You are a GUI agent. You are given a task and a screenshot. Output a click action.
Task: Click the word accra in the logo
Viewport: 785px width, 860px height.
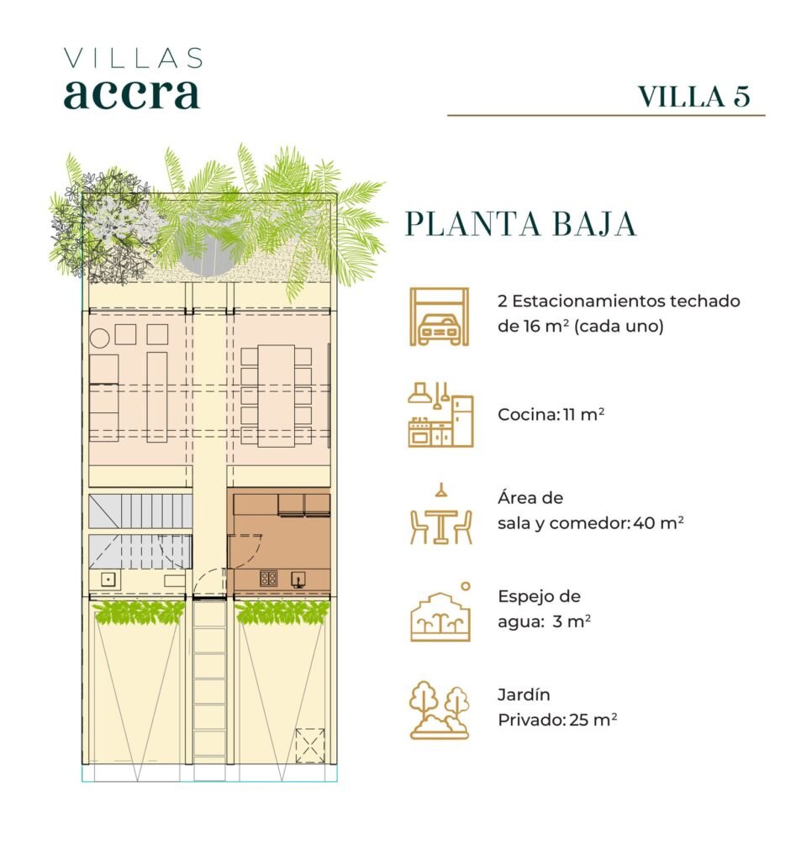(x=131, y=94)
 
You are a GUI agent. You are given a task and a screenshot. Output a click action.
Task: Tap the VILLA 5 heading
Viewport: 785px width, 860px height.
(x=694, y=97)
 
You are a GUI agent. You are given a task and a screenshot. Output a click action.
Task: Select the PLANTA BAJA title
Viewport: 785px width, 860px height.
(x=520, y=223)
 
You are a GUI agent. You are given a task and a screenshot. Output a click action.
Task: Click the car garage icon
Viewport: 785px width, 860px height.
(x=440, y=317)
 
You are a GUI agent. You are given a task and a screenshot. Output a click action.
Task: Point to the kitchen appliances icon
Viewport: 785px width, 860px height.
(x=440, y=415)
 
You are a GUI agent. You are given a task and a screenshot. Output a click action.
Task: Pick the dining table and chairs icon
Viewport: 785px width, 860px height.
(x=440, y=514)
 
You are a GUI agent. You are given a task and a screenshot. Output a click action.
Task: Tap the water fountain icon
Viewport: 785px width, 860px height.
(x=440, y=612)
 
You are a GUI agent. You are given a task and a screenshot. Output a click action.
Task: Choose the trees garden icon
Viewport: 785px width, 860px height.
(x=440, y=710)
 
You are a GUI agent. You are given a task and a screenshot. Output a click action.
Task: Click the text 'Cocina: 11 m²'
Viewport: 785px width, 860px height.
(x=551, y=414)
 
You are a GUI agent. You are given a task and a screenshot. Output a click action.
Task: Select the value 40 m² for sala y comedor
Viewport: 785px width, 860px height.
(x=658, y=522)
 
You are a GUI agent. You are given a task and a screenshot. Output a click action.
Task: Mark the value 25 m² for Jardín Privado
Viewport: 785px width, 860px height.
(x=593, y=719)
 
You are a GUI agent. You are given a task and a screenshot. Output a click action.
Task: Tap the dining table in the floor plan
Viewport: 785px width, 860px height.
(x=276, y=396)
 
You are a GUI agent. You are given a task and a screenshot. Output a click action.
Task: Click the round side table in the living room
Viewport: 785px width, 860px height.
(x=99, y=338)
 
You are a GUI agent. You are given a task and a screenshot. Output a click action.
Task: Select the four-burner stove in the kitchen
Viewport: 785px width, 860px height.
(x=268, y=578)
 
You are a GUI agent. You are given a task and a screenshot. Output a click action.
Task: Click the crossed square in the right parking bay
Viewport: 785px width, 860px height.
(x=310, y=745)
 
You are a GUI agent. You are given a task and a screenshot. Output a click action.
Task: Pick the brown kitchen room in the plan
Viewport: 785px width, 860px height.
(x=279, y=541)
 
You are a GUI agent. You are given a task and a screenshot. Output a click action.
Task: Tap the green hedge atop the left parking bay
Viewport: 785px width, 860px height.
(x=139, y=612)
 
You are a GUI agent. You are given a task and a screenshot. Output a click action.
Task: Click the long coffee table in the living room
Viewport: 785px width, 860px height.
(x=157, y=397)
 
